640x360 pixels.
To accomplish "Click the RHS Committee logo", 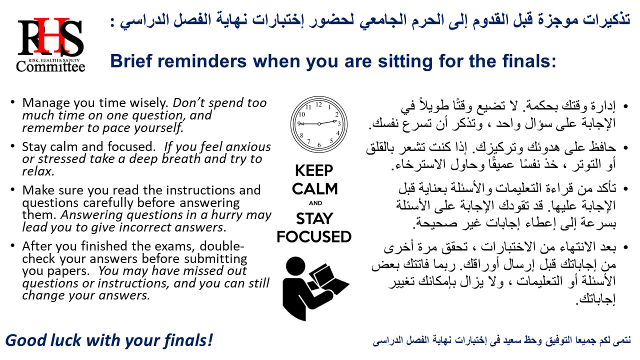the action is click(50, 45).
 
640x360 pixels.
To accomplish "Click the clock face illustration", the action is click(319, 124).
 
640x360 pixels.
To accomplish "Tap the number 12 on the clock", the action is click(319, 104).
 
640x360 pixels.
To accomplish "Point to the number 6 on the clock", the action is click(319, 145).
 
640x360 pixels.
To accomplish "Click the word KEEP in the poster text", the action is click(314, 171).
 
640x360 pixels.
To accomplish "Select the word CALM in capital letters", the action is click(314, 189).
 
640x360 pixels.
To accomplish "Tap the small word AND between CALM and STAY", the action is click(315, 203).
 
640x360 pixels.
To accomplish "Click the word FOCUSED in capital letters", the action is click(314, 237).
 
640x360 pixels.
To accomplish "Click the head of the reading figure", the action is click(295, 266).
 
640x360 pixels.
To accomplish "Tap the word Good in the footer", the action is click(26, 340).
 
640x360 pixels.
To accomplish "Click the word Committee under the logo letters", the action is click(50, 66).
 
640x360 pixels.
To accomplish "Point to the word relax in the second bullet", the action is click(38, 171).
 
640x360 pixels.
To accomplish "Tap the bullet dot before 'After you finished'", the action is click(12, 245).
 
